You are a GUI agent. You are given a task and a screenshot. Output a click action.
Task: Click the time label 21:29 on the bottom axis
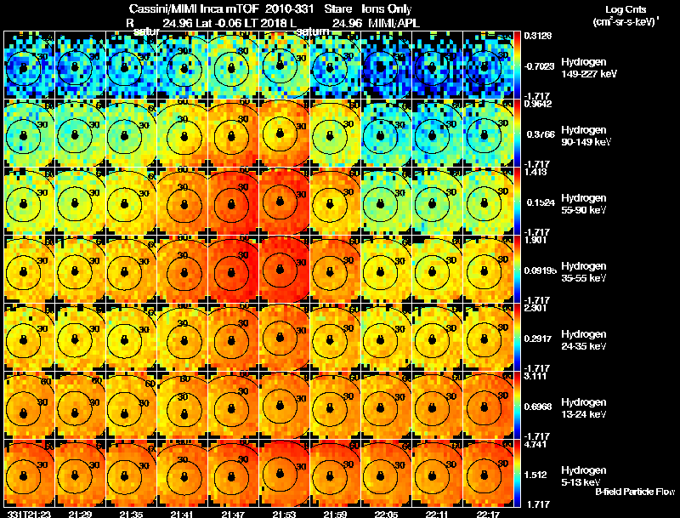point(81,513)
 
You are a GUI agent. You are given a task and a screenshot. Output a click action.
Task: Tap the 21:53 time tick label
point(285,513)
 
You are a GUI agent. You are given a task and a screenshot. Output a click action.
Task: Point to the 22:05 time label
point(387,513)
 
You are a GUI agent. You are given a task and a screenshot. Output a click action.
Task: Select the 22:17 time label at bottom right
point(489,513)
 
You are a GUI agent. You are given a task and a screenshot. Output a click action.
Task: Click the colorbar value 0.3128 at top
point(537,36)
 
